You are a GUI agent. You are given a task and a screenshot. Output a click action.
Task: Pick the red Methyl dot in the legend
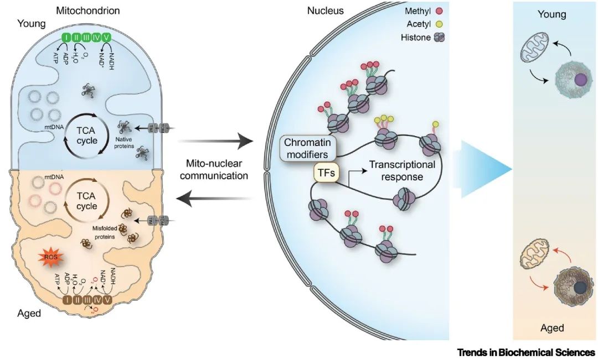440,12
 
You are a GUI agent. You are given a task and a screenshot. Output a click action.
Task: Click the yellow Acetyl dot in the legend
440,25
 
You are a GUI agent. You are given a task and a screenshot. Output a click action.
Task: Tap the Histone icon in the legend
440,38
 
